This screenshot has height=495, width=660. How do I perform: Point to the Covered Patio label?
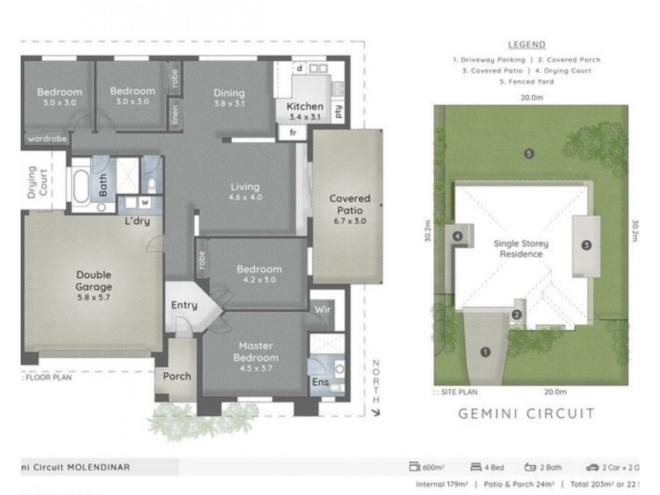pos(350,205)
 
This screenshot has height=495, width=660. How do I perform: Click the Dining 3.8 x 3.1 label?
pos(229,99)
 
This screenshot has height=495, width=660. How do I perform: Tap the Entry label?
pos(184,305)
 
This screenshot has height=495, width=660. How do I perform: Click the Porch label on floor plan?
pos(177,376)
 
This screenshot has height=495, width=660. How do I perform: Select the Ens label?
pos(318,382)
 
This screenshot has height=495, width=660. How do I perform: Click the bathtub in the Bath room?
pos(81,188)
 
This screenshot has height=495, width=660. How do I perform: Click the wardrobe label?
pos(47,139)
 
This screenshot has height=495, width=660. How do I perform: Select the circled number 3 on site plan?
pos(586,245)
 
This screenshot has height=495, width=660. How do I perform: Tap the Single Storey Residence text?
pos(521,249)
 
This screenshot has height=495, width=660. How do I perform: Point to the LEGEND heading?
pos(527,45)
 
